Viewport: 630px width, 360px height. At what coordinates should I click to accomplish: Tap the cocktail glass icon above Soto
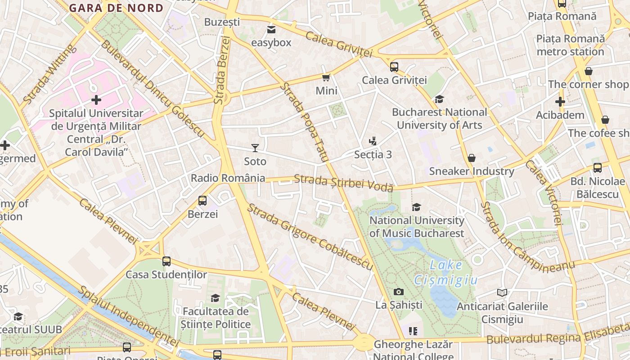(x=255, y=148)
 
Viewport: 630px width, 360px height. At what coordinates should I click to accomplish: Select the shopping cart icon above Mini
(x=326, y=77)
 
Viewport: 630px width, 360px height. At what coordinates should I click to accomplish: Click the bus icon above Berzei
(x=202, y=201)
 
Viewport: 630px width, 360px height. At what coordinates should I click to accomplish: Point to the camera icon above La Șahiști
(x=399, y=292)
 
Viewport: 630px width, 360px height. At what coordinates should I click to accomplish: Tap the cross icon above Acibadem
(x=560, y=102)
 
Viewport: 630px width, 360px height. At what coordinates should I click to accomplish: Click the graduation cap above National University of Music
(x=416, y=207)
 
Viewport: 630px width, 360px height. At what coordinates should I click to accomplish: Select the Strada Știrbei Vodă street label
(x=343, y=183)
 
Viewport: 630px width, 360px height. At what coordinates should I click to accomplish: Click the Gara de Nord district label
(x=116, y=8)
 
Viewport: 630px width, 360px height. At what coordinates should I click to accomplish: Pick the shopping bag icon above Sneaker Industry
(x=472, y=158)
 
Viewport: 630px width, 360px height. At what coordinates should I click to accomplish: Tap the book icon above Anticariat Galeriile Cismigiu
(x=502, y=293)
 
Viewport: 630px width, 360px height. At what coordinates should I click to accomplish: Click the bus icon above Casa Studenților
(x=166, y=261)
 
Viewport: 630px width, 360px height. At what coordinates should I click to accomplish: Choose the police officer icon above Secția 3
(x=373, y=141)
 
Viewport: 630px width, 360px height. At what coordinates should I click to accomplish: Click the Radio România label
(x=228, y=178)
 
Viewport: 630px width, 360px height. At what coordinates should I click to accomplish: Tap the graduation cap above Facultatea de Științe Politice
(x=216, y=298)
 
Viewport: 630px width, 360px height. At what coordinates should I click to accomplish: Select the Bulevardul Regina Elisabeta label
(x=558, y=335)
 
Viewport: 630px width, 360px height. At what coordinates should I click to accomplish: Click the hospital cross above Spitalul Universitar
(x=96, y=100)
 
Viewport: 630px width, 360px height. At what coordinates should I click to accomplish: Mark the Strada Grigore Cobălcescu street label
(x=310, y=238)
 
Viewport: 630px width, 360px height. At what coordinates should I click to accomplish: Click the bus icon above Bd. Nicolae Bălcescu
(x=598, y=168)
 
